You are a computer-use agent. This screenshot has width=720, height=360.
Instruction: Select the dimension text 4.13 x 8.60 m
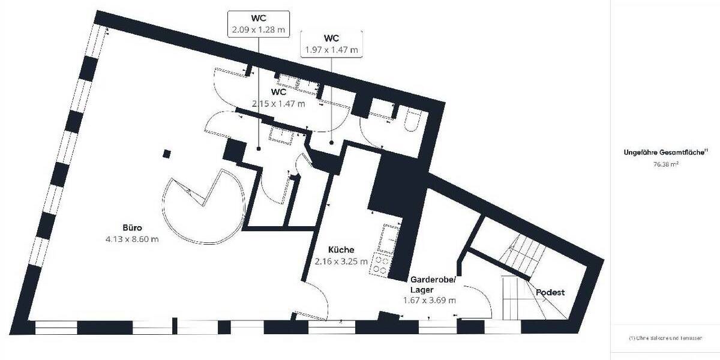pyautogui.click(x=131, y=239)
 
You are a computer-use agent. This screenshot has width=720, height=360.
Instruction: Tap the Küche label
pyautogui.click(x=341, y=250)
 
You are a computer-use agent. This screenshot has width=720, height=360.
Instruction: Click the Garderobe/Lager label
pyautogui.click(x=433, y=284)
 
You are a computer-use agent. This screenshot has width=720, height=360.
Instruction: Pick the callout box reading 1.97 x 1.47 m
pyautogui.click(x=332, y=44)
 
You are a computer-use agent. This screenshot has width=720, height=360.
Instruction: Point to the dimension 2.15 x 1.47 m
pyautogui.click(x=278, y=103)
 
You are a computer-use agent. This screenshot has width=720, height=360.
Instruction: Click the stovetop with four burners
pyautogui.click(x=380, y=264)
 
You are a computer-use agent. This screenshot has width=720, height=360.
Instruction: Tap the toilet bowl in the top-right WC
pyautogui.click(x=413, y=120)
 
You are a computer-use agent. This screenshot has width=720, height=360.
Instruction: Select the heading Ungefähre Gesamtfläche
pyautogui.click(x=665, y=152)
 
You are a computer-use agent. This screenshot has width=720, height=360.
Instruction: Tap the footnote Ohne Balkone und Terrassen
pyautogui.click(x=665, y=338)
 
